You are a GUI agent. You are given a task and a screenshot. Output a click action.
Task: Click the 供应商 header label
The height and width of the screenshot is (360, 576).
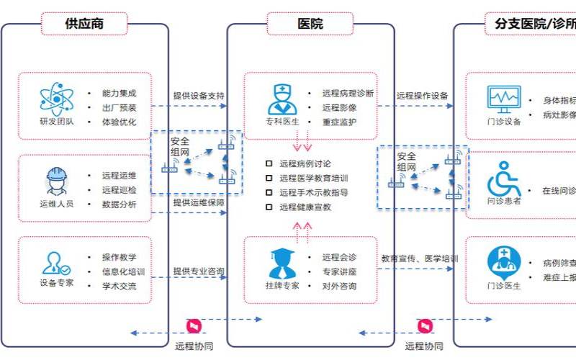coord(84,24)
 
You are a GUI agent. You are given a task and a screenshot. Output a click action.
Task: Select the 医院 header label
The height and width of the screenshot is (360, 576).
coord(310,24)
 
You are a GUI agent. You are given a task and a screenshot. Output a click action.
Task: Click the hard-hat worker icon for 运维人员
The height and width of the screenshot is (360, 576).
coord(57,181)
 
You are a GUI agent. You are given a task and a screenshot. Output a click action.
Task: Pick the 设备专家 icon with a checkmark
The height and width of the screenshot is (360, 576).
coord(57,263)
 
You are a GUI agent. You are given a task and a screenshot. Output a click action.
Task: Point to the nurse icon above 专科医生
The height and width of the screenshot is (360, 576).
coord(282,98)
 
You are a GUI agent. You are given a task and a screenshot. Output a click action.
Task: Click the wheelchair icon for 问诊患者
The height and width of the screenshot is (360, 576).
coord(504,179)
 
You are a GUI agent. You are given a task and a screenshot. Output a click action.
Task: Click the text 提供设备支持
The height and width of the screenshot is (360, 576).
coord(198,95)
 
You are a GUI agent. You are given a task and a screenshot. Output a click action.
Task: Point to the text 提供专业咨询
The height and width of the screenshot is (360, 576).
coord(198,271)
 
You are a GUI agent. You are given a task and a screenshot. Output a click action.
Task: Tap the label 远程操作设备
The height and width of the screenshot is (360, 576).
coord(423,96)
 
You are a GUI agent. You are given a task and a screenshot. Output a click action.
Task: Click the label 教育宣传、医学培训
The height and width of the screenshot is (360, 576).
coord(420,257)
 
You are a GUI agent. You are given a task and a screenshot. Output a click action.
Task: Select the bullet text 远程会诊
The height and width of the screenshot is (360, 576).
coord(340,257)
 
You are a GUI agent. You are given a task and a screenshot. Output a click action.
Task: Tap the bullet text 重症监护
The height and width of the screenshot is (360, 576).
coord(340,122)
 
